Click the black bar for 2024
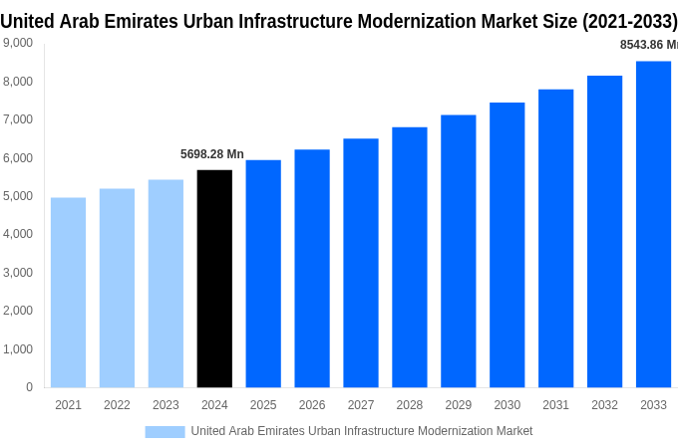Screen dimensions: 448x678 pos(214,279)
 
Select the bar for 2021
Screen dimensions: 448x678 pos(68,293)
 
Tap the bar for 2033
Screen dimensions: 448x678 pos(653,224)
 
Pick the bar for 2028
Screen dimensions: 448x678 pos(409,257)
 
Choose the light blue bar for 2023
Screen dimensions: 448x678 pos(166,284)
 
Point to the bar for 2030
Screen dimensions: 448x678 pos(507,245)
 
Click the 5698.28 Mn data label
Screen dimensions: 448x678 pos(211,154)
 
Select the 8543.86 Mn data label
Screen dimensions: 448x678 pos(648,45)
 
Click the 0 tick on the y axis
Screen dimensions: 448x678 pos(29,387)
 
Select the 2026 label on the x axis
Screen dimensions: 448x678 pos(312,405)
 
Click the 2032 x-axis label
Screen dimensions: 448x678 pos(604,405)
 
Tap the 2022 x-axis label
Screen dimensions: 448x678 pos(117,405)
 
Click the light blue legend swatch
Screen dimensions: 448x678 pos(165,431)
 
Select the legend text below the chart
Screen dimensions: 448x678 pos(361,431)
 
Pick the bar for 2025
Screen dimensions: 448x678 pos(263,274)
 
